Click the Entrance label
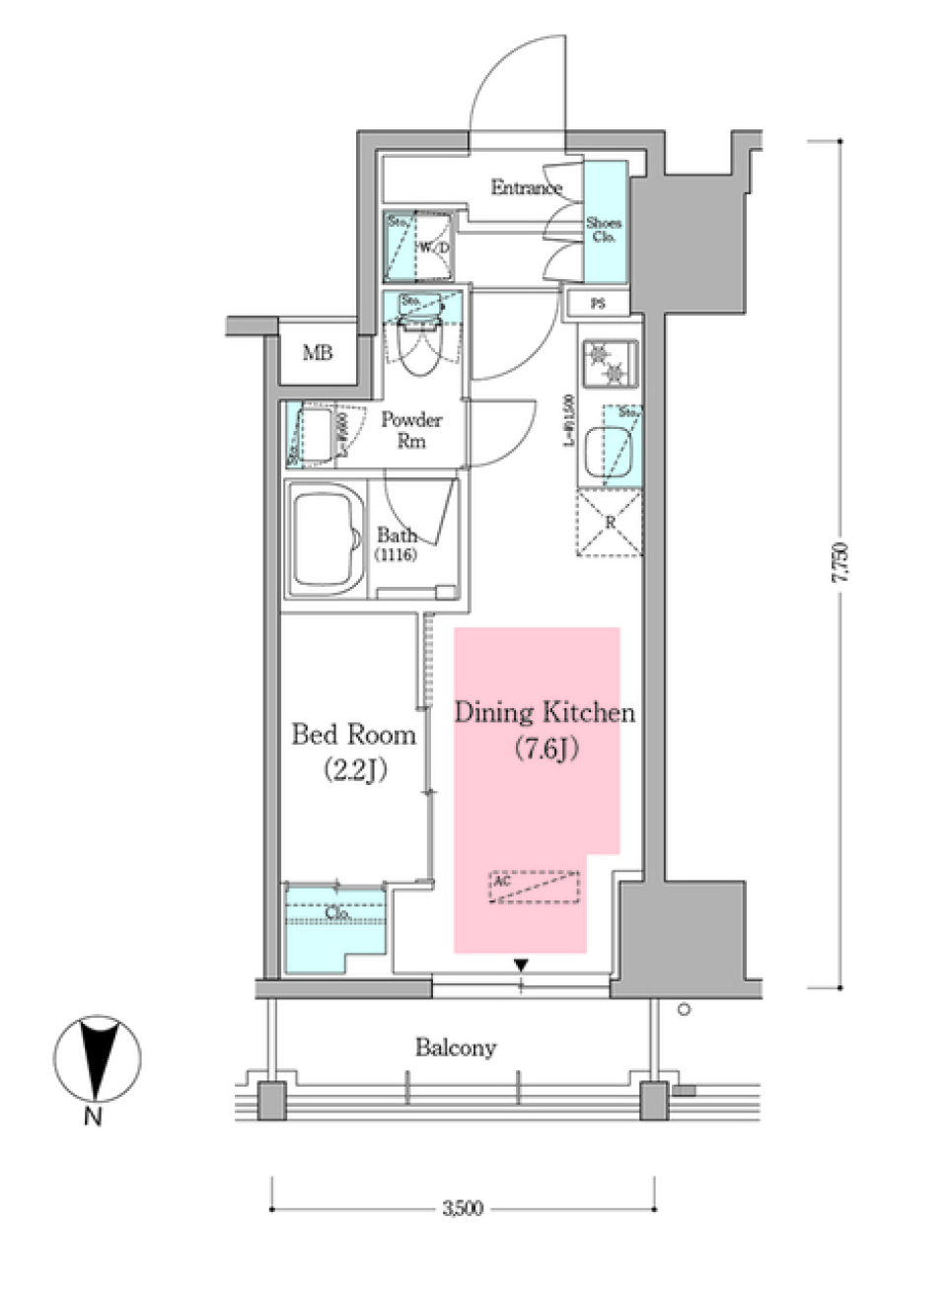point(526,187)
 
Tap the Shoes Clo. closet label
point(604,230)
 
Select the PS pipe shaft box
point(598,304)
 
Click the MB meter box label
point(318,353)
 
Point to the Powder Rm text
point(411,430)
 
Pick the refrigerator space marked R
point(609,522)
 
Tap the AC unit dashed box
point(535,887)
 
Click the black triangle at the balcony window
point(521,966)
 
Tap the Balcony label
point(455,1047)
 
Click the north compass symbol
point(96,1060)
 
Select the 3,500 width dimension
point(462,1208)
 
